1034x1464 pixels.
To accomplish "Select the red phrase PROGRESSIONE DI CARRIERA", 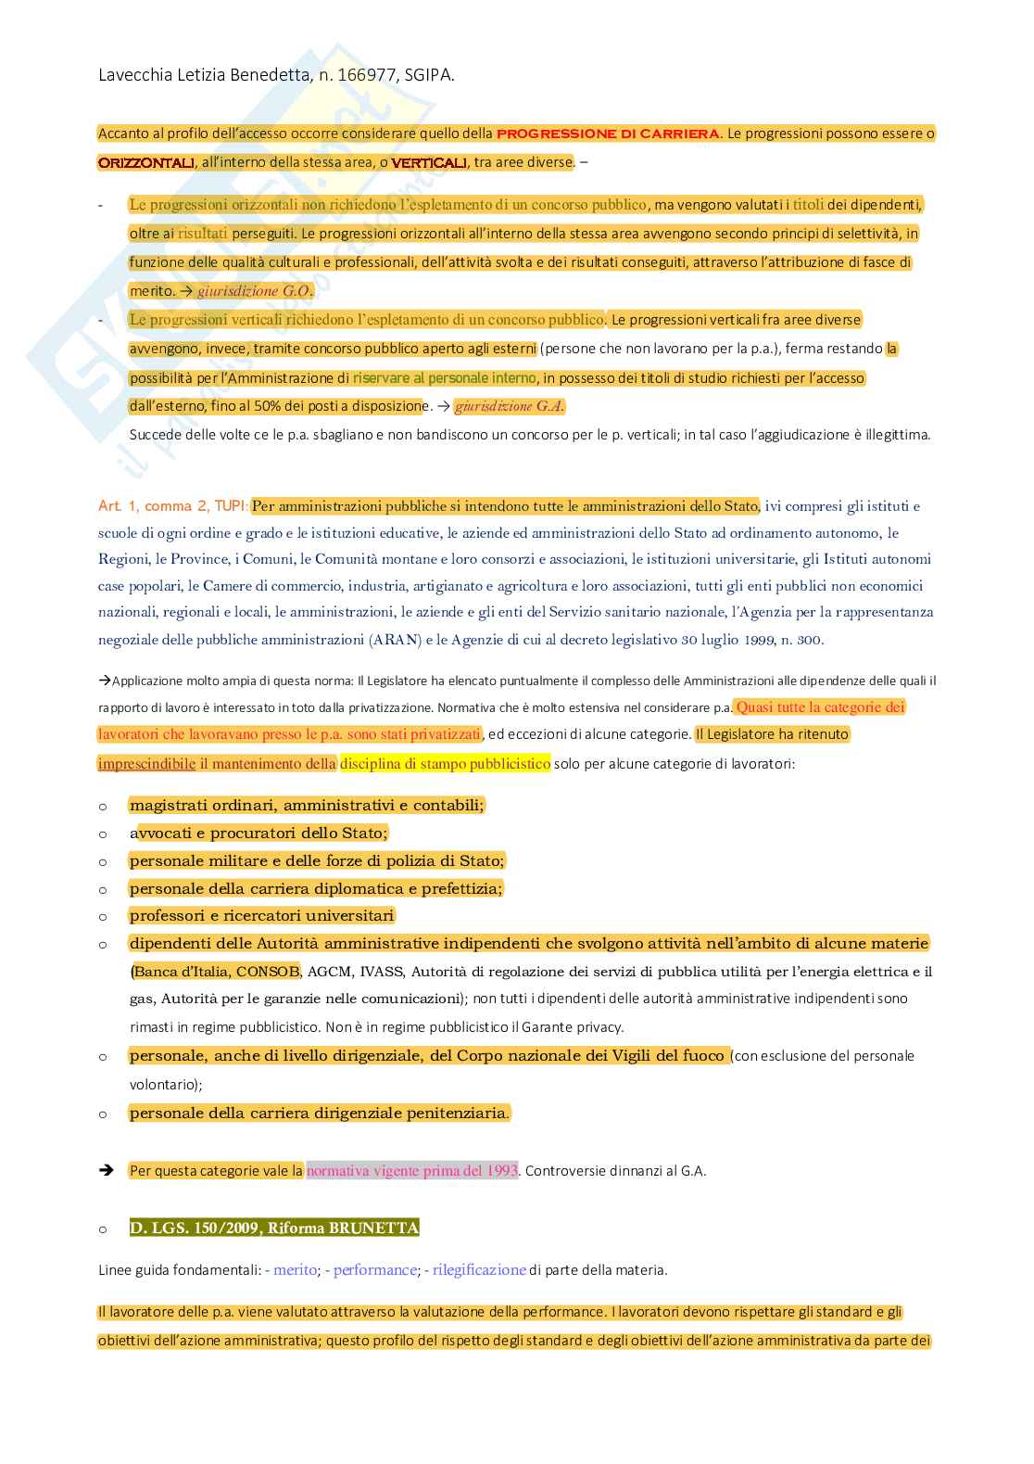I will click(x=609, y=134).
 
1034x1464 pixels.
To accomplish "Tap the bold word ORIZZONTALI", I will click(x=146, y=163).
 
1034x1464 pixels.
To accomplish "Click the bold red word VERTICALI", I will click(x=429, y=163).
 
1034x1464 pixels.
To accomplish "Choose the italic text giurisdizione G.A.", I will click(x=509, y=406).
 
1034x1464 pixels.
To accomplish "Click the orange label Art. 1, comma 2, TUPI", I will click(x=172, y=506).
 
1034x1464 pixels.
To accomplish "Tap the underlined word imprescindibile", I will click(x=146, y=764).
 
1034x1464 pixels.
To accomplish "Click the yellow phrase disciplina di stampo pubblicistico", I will click(x=445, y=764).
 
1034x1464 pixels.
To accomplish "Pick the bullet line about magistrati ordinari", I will click(x=307, y=806).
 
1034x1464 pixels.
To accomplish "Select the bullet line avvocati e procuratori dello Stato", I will click(x=259, y=833).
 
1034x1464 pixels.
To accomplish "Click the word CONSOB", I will click(x=268, y=972).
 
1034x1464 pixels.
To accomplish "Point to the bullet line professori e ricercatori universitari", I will click(x=262, y=916).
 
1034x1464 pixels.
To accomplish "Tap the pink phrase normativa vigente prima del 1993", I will click(x=411, y=1171).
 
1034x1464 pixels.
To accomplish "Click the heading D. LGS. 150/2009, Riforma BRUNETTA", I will click(x=274, y=1228).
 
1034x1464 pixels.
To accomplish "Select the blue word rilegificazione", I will click(x=479, y=1270).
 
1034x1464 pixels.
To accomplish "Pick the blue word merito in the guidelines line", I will click(x=295, y=1270).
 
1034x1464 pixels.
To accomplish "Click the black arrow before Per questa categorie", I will click(x=106, y=1171).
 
